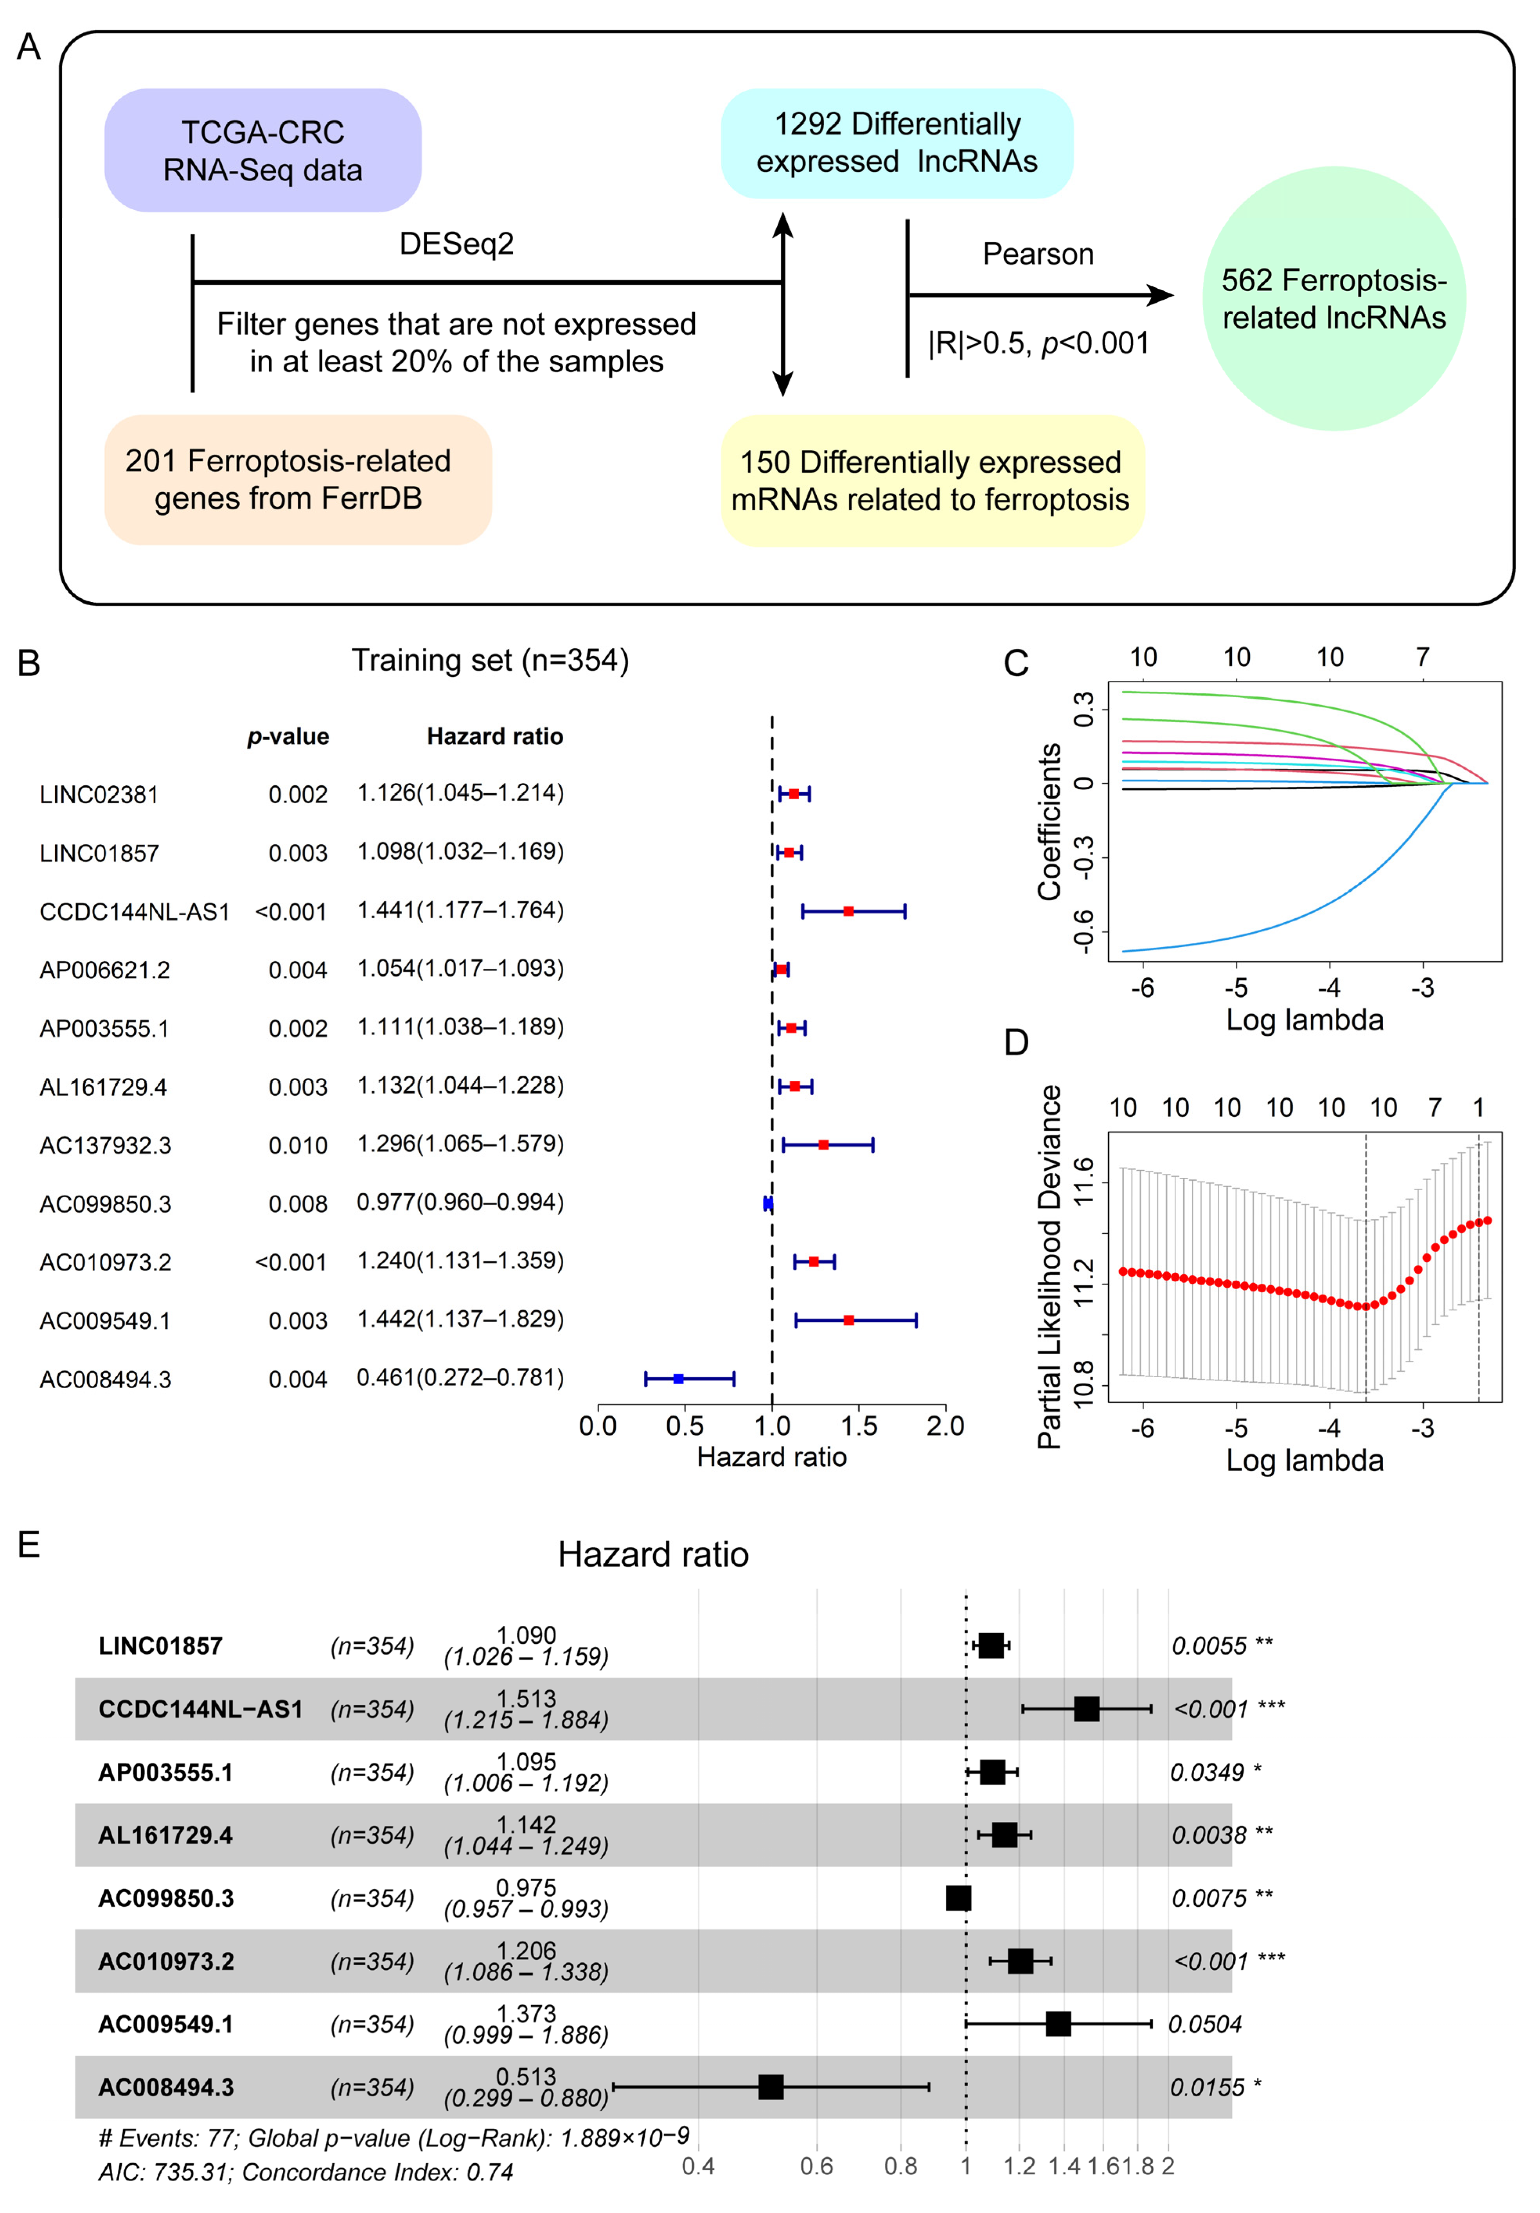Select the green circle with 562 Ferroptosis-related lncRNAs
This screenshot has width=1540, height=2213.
tap(1334, 299)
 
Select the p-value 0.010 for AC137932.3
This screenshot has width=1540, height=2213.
tap(298, 1146)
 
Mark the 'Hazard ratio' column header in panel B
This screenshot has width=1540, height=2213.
tap(494, 736)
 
